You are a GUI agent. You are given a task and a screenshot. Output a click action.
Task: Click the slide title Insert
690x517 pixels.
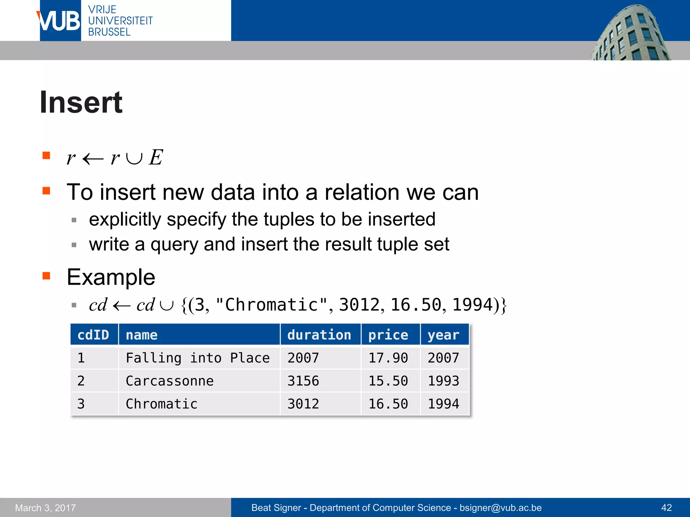coord(81,102)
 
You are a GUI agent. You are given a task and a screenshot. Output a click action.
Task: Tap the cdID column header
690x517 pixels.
coord(93,335)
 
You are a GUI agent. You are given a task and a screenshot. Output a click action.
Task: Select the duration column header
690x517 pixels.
coord(319,335)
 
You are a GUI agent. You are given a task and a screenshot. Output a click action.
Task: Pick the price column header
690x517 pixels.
coord(388,335)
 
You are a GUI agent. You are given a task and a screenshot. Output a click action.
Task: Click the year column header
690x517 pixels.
coord(443,335)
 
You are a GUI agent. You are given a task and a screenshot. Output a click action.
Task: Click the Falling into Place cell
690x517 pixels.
coord(198,358)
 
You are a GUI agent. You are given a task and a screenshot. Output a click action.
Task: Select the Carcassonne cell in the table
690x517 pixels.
coord(169,381)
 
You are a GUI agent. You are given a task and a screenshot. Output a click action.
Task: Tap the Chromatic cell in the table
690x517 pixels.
coord(161,404)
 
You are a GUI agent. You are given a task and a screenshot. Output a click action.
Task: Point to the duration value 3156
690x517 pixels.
coord(303,381)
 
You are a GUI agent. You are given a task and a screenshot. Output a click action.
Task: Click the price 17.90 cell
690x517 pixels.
coord(388,358)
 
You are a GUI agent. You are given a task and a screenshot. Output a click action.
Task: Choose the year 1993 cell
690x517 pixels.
coord(443,381)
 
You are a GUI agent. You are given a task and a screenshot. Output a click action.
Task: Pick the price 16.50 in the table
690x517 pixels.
coord(388,404)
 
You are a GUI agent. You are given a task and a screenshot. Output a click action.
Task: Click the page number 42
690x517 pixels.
coord(666,508)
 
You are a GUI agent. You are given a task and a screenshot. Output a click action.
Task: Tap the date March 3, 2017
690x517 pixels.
coord(45,508)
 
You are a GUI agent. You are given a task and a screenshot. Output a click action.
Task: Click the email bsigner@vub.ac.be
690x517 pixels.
coord(501,508)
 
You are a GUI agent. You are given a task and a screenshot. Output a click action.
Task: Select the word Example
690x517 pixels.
coord(111,277)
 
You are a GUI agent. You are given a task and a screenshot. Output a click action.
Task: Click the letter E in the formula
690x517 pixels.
coord(156,157)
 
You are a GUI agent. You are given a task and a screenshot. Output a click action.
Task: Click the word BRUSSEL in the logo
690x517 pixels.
coord(109,32)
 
